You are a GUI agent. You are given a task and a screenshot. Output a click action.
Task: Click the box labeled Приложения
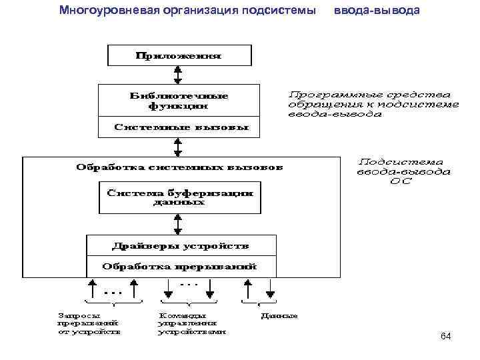(179, 55)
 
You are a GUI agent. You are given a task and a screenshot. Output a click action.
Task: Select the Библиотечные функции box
(178, 100)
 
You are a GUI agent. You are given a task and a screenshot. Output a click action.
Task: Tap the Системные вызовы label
(178, 126)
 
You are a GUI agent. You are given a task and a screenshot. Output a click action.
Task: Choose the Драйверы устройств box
(181, 246)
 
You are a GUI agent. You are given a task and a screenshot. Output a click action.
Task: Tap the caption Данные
(279, 315)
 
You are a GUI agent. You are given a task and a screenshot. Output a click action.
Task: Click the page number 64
(445, 337)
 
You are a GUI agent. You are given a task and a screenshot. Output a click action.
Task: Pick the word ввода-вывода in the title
(377, 10)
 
